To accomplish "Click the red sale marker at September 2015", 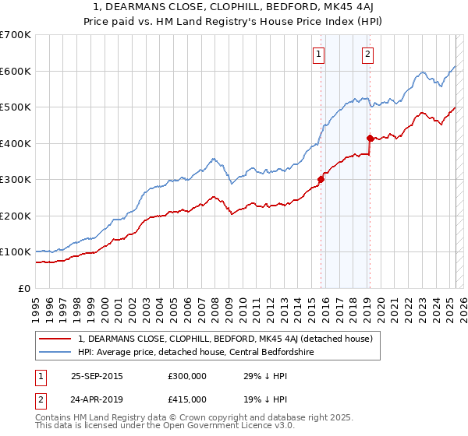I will pyautogui.click(x=321, y=179).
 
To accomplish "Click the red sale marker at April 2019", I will pyautogui.click(x=370, y=138).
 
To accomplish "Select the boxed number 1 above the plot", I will pyautogui.click(x=320, y=54).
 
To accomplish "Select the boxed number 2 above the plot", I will pyautogui.click(x=367, y=54).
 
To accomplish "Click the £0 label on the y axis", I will pyautogui.click(x=24, y=288).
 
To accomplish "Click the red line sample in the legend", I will pyautogui.click(x=55, y=339).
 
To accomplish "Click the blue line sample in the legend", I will pyautogui.click(x=55, y=352).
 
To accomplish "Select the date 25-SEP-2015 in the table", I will pyautogui.click(x=97, y=376).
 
